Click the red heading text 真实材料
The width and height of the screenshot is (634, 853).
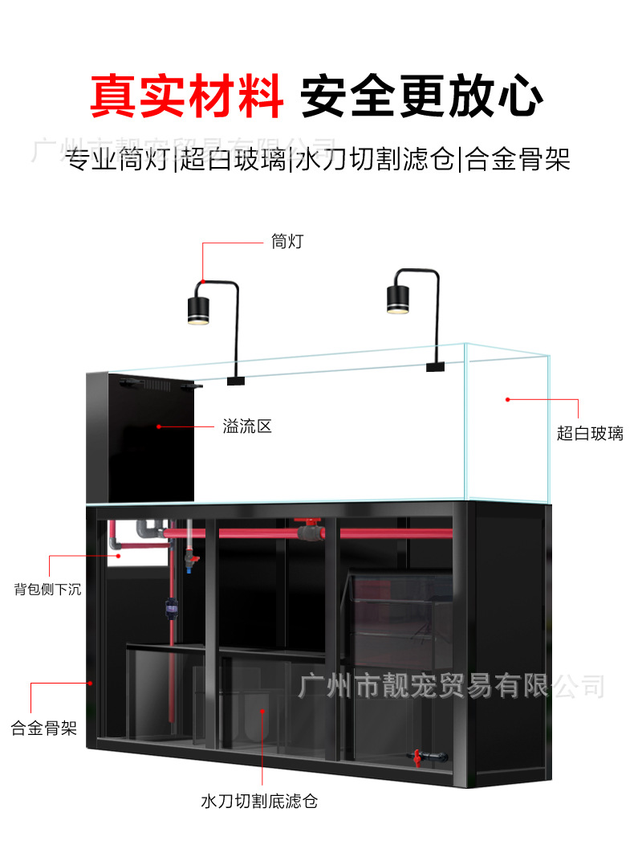(x=186, y=96)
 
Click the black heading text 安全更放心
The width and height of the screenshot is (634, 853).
(x=421, y=96)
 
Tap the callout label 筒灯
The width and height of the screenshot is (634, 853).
(x=287, y=241)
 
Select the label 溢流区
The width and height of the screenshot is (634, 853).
(x=247, y=426)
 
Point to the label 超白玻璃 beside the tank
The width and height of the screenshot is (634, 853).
(x=590, y=434)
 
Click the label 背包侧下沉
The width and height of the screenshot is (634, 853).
(x=47, y=589)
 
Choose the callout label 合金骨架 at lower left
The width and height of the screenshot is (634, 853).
(x=44, y=729)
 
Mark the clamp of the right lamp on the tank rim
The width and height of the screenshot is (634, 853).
(x=436, y=367)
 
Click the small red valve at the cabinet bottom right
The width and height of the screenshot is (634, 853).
(x=417, y=756)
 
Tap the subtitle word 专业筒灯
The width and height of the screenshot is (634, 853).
(x=119, y=160)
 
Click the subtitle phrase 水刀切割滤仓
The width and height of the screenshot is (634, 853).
(x=375, y=160)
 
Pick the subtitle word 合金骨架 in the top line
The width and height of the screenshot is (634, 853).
(x=518, y=160)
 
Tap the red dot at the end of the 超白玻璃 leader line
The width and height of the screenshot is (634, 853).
(x=508, y=398)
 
